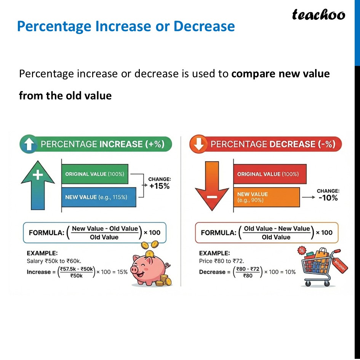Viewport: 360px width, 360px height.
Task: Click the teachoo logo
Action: click(x=318, y=15)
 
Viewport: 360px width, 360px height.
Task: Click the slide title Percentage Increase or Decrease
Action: click(x=126, y=26)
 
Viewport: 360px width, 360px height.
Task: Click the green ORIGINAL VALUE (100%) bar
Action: click(x=95, y=174)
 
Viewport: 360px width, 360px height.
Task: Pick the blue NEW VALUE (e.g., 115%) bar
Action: click(x=99, y=197)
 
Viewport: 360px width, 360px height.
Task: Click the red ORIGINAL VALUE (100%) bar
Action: click(x=270, y=174)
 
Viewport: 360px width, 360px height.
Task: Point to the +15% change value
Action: click(x=159, y=186)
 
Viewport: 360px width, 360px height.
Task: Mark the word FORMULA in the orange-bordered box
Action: click(x=218, y=233)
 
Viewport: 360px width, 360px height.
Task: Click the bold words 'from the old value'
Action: click(x=65, y=95)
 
